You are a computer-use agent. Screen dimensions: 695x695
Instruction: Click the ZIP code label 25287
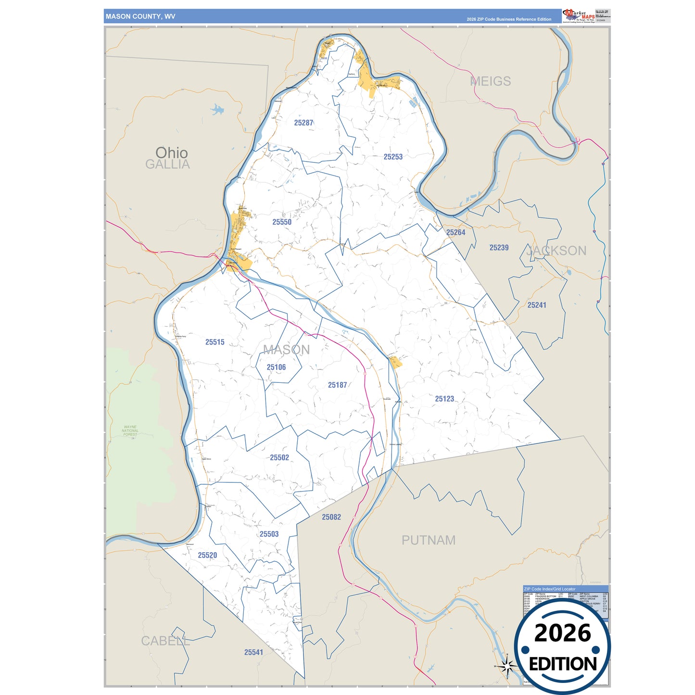303,123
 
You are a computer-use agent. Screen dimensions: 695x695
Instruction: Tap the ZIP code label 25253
393,157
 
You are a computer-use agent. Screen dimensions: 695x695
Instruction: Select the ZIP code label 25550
282,222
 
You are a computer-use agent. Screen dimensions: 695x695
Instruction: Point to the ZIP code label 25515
215,342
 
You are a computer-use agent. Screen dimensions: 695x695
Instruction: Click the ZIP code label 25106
276,367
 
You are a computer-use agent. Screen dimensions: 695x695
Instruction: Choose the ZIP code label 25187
337,385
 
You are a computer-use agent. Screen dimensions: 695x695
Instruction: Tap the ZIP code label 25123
444,399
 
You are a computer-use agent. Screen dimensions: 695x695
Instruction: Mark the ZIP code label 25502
279,458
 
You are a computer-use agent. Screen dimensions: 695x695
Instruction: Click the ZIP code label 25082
331,517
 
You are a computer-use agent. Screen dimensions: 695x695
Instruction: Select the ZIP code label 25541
253,653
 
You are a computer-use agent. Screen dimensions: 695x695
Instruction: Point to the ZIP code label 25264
455,233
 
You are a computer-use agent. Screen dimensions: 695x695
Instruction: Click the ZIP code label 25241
537,305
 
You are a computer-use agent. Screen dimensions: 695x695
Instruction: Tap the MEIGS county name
490,81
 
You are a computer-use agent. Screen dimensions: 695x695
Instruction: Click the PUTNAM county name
429,540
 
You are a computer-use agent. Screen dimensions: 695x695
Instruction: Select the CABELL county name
165,641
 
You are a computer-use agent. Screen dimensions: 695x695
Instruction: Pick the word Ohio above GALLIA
171,152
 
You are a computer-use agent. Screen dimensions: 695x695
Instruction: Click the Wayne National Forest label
130,430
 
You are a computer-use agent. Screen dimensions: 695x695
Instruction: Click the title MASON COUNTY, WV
140,16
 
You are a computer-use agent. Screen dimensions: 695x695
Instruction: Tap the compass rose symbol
506,666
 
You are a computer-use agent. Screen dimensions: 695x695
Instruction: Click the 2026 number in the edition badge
562,632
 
